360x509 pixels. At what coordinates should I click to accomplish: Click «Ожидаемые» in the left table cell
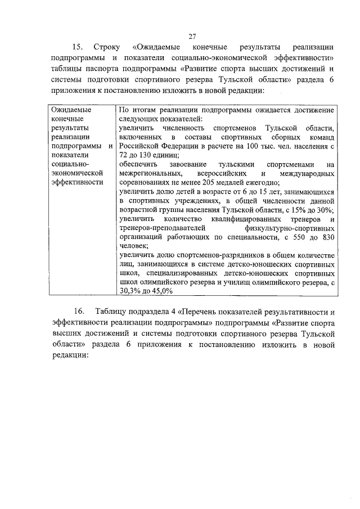(x=70, y=110)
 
